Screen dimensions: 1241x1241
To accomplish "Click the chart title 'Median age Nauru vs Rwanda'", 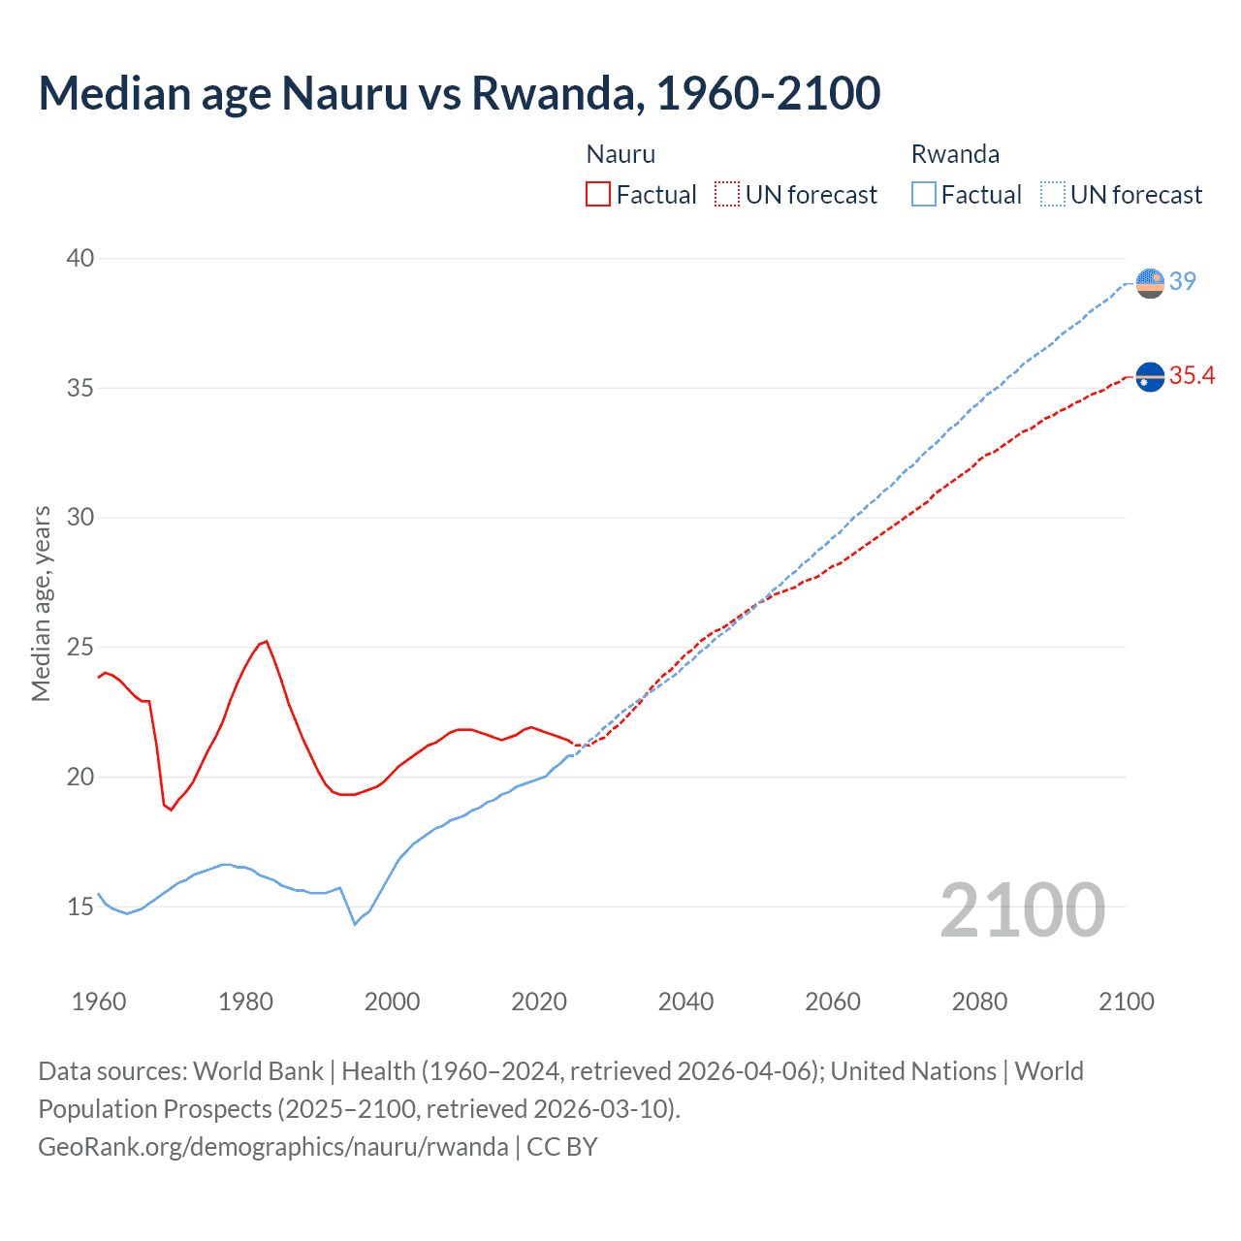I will [459, 93].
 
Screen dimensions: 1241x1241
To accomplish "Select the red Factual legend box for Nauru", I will [598, 195].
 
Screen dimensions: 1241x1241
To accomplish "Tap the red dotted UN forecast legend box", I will [727, 195].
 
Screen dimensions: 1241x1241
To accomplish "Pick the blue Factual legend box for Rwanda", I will [924, 195].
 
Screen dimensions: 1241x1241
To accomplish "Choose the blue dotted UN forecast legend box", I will [1052, 195].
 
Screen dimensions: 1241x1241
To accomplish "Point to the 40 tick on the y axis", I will [80, 258].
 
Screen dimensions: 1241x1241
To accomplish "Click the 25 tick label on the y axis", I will [80, 647].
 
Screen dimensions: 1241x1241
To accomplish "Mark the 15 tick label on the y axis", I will [80, 907].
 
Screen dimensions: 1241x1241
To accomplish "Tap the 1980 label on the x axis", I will [245, 1002].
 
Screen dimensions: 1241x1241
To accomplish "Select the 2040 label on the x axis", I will [685, 1002].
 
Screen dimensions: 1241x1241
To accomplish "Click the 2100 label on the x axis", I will [1126, 1002].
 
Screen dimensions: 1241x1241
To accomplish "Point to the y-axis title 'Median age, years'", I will [41, 603].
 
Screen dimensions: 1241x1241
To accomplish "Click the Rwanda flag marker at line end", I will [1150, 283].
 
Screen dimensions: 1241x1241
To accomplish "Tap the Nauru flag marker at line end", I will [1150, 376].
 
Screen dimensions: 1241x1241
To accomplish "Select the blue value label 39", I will [1183, 281].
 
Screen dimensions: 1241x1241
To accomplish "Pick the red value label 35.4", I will [1192, 375].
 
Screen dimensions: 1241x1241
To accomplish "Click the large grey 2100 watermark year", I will [1023, 909].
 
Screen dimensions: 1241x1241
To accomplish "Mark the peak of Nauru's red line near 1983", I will [267, 641].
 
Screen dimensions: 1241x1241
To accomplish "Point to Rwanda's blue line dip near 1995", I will [355, 924].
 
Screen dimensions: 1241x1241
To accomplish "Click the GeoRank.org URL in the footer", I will [272, 1147].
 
